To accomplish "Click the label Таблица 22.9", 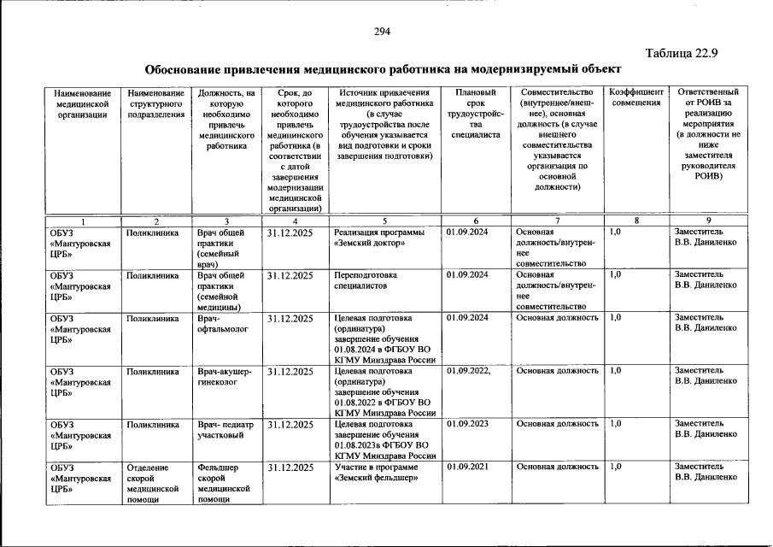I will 680,53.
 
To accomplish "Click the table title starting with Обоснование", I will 383,69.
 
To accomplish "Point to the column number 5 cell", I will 385,221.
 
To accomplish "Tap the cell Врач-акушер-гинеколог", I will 224,376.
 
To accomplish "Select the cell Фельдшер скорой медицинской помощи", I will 223,484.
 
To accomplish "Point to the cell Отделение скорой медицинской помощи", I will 154,484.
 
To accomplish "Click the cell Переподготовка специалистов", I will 366,280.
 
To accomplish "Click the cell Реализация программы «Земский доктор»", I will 375,237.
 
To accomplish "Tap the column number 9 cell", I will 709,221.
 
